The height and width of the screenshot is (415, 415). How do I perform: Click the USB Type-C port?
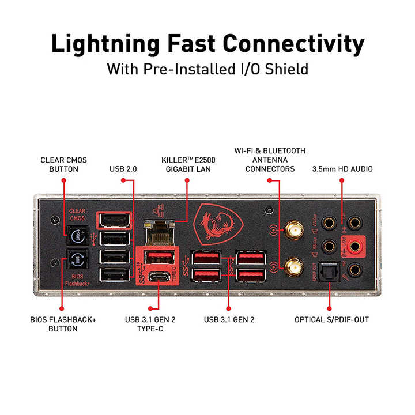pyautogui.click(x=157, y=278)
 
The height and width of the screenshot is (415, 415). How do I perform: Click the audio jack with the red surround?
pyautogui.click(x=355, y=247)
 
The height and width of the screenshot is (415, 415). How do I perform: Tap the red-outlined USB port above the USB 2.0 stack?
pyautogui.click(x=114, y=220)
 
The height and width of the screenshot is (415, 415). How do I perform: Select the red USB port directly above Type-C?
pyautogui.click(x=157, y=256)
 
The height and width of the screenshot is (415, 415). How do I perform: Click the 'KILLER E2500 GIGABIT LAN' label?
pyautogui.click(x=187, y=164)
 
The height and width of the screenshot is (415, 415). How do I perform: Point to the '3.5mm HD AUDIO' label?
pyautogui.click(x=342, y=169)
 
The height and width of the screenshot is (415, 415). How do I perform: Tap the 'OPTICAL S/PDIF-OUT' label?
pyautogui.click(x=331, y=319)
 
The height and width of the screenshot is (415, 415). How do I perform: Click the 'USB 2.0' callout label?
pyautogui.click(x=123, y=169)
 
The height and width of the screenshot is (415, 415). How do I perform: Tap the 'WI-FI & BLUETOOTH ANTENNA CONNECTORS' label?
pyautogui.click(x=270, y=160)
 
